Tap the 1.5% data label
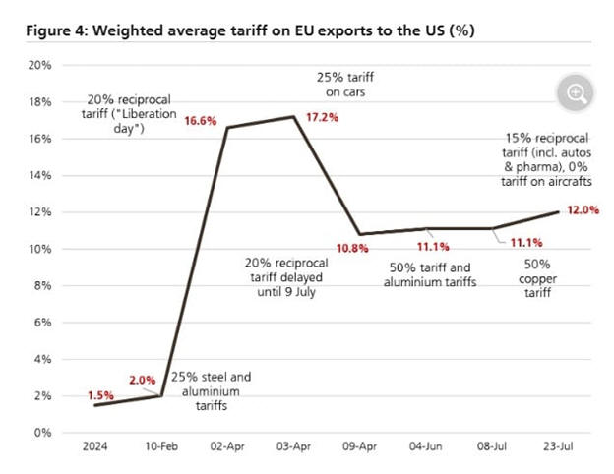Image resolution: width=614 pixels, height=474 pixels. click(101, 394)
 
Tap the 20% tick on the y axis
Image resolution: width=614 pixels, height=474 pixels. click(38, 66)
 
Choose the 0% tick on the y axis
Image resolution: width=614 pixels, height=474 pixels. click(41, 433)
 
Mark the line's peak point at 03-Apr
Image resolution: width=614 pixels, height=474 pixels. click(294, 117)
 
